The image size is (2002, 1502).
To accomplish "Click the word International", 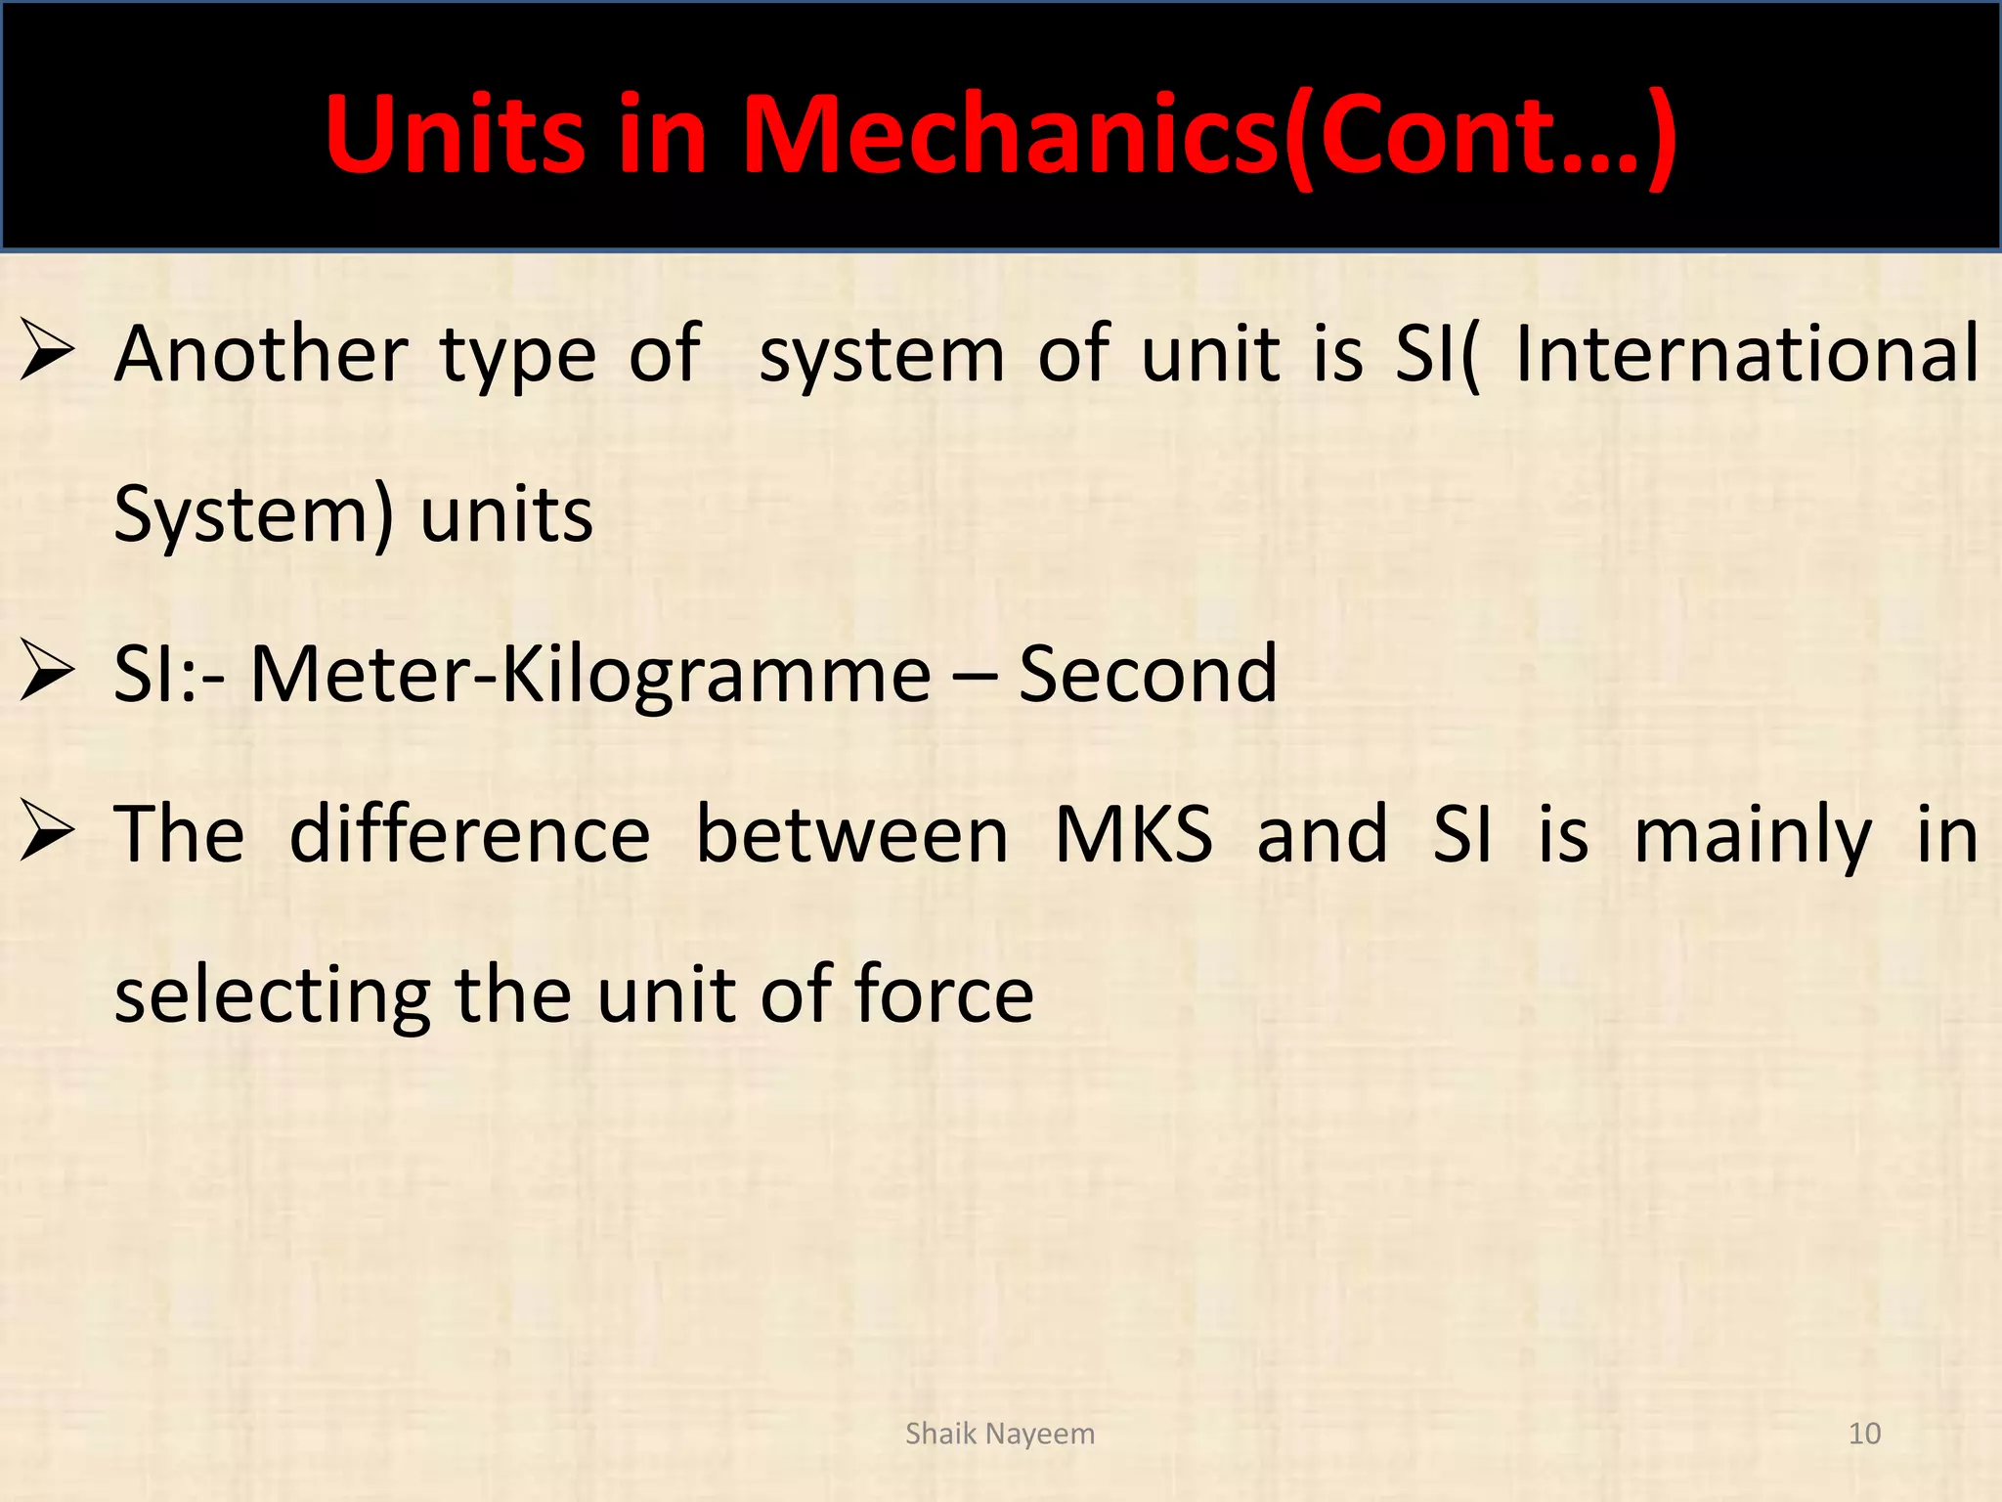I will pos(1747,354).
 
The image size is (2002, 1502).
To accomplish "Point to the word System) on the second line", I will pos(254,515).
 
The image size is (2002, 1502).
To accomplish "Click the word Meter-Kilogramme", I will pos(590,675).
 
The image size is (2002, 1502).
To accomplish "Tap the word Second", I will pos(1148,675).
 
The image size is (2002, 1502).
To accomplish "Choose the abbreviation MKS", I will pos(1134,835).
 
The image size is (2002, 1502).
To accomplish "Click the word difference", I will pos(470,835).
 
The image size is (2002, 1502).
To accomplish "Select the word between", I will pos(851,835).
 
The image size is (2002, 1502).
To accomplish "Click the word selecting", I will pos(273,996).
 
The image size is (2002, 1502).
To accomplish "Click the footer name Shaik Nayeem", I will pos(999,1434).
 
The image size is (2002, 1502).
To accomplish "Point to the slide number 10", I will pos(1864,1434).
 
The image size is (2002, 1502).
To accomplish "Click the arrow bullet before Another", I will pos(47,354).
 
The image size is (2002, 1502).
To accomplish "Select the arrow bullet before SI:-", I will pos(47,675).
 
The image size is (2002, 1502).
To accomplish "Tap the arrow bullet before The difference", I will pos(47,835).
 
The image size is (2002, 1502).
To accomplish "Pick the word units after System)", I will pos(506,515).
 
